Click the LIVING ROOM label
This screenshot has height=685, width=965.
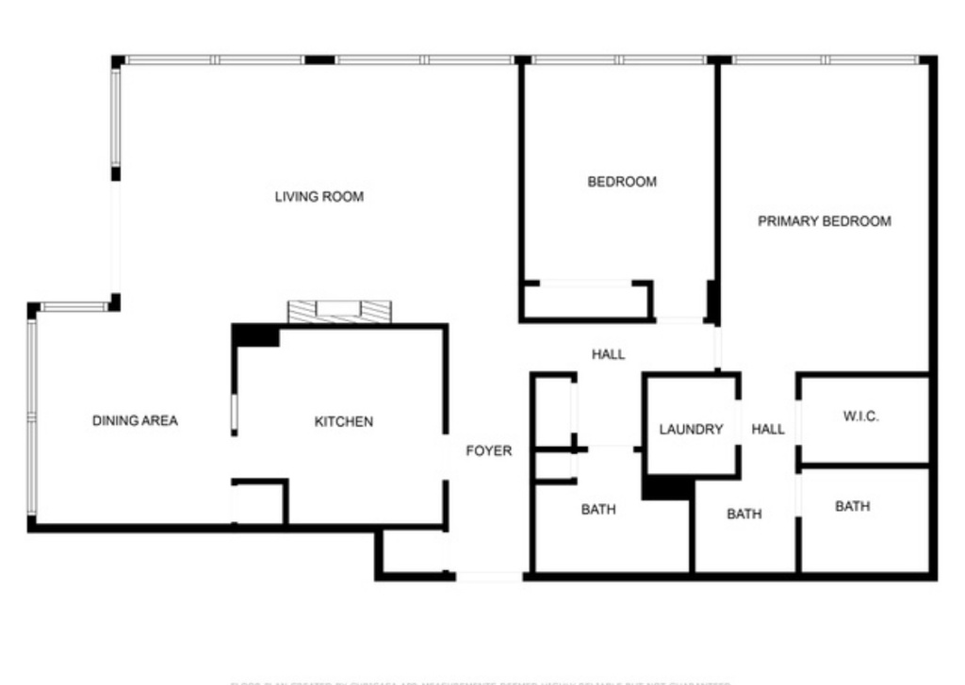[319, 197]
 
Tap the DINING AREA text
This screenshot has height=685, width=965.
[135, 420]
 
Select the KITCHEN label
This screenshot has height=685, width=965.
[343, 421]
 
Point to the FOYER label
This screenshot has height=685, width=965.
[489, 451]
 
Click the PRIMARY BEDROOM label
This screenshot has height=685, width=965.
[825, 221]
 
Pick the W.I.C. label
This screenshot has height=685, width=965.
[859, 416]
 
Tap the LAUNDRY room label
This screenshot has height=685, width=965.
[691, 429]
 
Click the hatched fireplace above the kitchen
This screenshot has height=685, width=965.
[339, 312]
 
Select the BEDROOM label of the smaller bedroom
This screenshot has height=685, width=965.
[622, 181]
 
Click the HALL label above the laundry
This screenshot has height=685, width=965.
[608, 354]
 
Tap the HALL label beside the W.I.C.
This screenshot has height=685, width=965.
[768, 429]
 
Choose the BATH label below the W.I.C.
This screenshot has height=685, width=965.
[852, 506]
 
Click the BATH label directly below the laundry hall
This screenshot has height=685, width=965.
[744, 514]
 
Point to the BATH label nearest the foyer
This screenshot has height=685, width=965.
[597, 510]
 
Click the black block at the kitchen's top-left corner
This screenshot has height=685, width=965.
[255, 335]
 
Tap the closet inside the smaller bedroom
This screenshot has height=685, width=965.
[585, 301]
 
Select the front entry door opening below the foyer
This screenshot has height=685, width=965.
[489, 576]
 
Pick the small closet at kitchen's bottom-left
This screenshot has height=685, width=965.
[259, 502]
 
